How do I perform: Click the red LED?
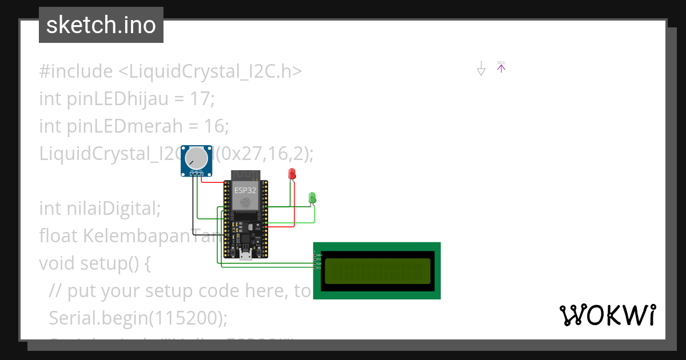[292, 173]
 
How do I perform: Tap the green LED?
[312, 197]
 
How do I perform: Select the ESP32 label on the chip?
[245, 190]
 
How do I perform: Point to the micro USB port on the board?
[246, 255]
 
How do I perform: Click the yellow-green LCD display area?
[377, 270]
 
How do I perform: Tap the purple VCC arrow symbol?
[501, 68]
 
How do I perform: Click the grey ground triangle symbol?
[481, 70]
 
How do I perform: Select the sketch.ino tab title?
[101, 25]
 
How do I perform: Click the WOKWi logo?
[608, 315]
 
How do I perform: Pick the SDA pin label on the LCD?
[318, 263]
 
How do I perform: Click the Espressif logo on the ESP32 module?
[245, 203]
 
